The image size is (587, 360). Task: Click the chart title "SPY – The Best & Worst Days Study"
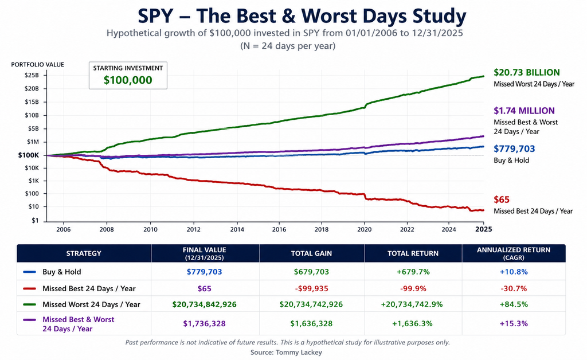pos(302,16)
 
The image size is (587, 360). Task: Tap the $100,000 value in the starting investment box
pos(128,80)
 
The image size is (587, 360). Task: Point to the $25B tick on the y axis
pos(32,75)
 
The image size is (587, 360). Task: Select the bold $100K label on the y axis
pos(29,155)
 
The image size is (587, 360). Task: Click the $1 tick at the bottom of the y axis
pos(35,221)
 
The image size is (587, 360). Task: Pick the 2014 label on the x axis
pos(237,229)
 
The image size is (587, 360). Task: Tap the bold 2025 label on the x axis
pos(484,229)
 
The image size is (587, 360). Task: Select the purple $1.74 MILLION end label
pos(524,111)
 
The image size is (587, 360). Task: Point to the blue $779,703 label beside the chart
pos(514,149)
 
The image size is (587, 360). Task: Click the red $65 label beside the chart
pos(502,200)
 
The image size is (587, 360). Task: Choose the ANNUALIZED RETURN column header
pos(514,253)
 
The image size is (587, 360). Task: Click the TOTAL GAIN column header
pos(311,253)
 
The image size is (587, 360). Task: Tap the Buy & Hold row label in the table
pos(62,272)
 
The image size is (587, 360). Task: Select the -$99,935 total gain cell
pos(311,288)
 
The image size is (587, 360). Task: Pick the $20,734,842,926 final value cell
pos(205,304)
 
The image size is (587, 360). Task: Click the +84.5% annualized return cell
pos(514,304)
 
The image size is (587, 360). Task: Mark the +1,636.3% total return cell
pos(413,324)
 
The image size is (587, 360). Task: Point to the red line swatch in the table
pos(30,288)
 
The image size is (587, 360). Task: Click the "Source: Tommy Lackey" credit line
pos(286,353)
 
